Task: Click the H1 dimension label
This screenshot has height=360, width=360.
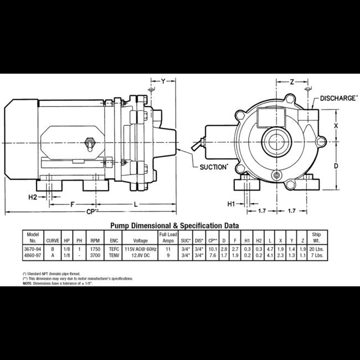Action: point(233,203)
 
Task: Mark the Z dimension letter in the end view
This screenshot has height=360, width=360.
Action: point(291,81)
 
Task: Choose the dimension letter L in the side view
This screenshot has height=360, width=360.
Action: point(136,203)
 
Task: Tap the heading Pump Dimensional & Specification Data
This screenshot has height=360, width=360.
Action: point(174,226)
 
